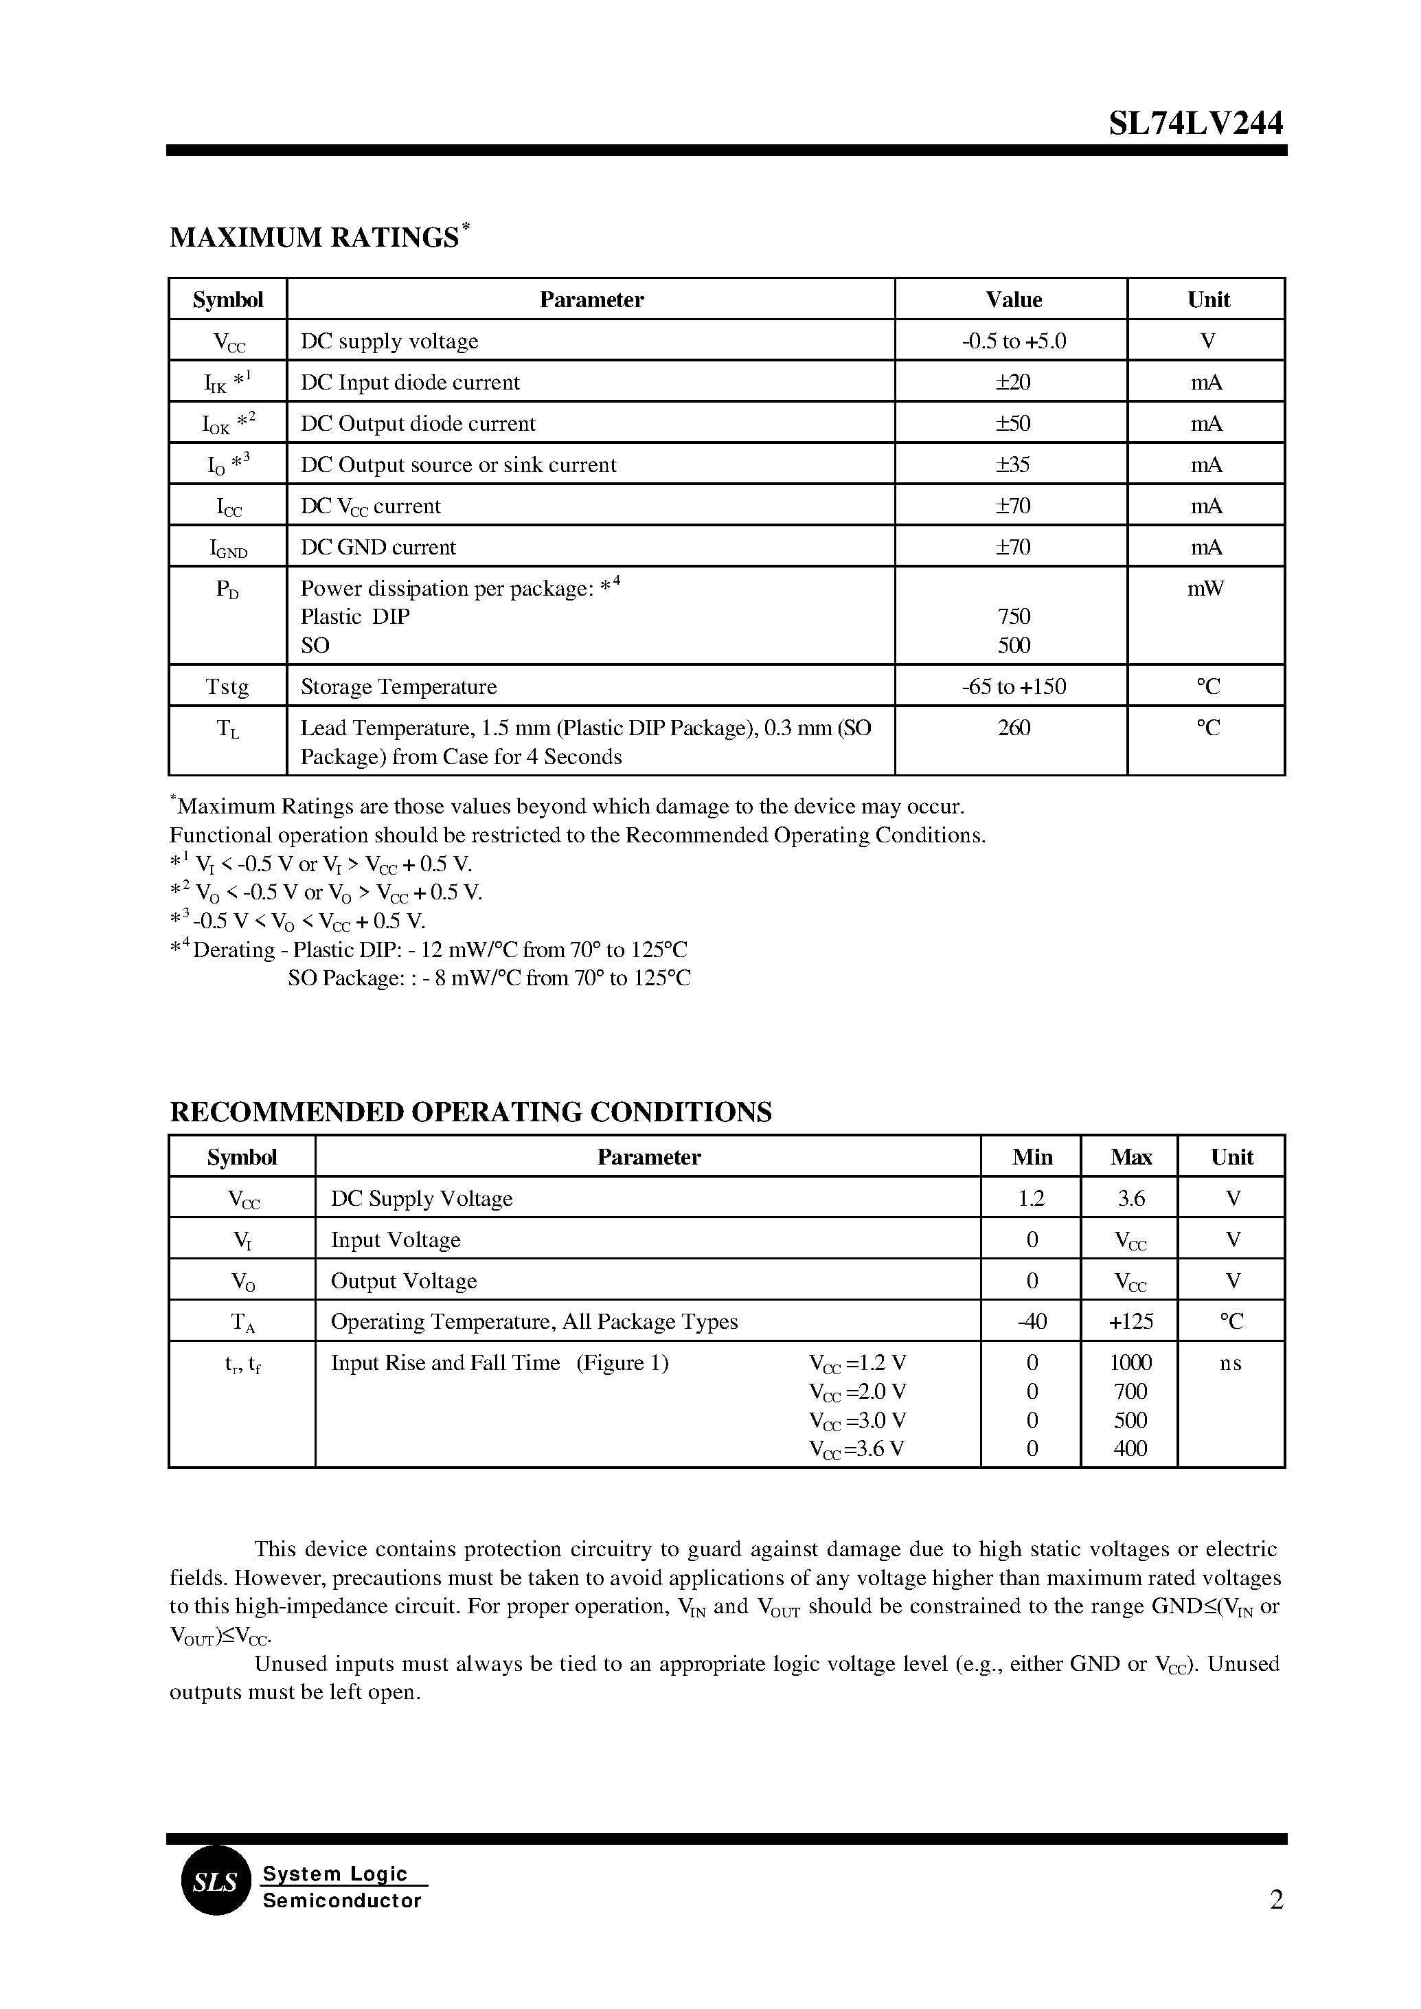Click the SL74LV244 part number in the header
pos(1195,124)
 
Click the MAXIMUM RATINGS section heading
pos(314,237)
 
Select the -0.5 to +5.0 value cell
pos(1013,341)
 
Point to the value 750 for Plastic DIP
pos(1013,617)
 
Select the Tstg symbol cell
pos(227,687)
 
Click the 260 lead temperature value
pos(1013,728)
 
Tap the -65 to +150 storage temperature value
pos(1013,687)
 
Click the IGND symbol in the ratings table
pos(227,549)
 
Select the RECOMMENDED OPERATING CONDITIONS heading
pos(470,1112)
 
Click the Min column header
pos(1032,1157)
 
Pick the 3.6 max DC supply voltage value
pos(1130,1198)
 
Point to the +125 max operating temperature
pos(1130,1322)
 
